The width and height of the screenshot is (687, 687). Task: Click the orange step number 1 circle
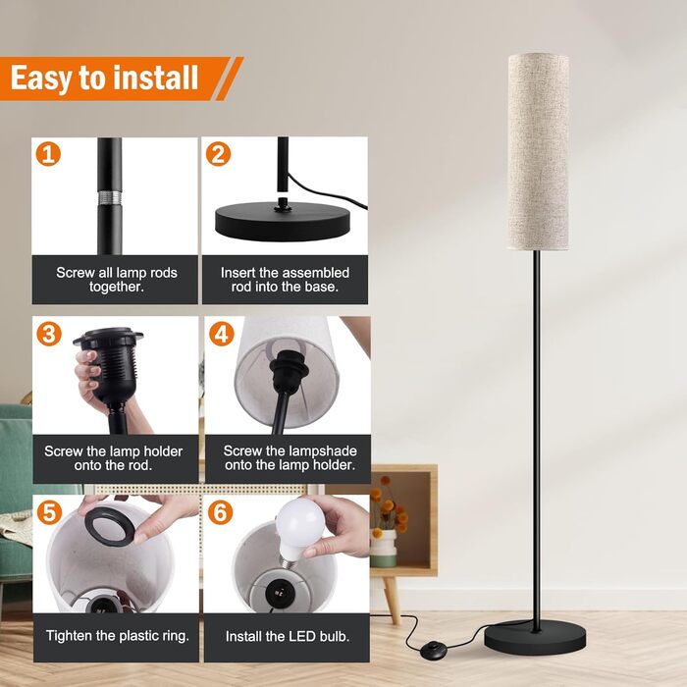pyautogui.click(x=48, y=154)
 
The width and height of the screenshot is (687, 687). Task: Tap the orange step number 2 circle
pyautogui.click(x=218, y=154)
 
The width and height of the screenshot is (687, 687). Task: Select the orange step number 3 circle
pyautogui.click(x=49, y=334)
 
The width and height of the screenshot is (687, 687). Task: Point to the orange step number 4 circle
pyautogui.click(x=221, y=334)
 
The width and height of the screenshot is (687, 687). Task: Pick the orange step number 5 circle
pyautogui.click(x=49, y=511)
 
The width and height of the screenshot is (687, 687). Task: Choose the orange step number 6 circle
pyautogui.click(x=221, y=511)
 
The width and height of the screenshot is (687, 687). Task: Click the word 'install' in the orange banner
pyautogui.click(x=155, y=78)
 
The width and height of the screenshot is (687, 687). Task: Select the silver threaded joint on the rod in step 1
pyautogui.click(x=109, y=197)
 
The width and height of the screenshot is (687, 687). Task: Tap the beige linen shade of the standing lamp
pyautogui.click(x=539, y=151)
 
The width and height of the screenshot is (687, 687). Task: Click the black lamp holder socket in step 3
pyautogui.click(x=110, y=364)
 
